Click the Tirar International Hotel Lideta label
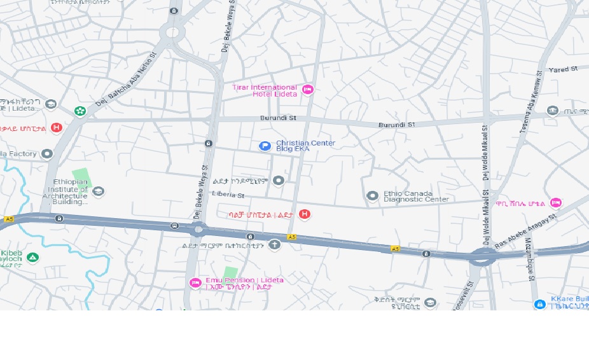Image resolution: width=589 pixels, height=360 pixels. [265, 90]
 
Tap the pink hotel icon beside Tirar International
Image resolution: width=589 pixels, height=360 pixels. [308, 90]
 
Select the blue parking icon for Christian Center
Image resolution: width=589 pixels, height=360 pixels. [265, 146]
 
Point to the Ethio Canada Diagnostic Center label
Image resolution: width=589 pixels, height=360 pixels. [416, 196]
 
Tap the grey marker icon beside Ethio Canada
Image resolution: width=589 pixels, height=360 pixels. [373, 195]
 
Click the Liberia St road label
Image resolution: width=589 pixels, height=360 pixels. [228, 195]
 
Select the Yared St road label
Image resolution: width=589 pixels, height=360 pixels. [562, 69]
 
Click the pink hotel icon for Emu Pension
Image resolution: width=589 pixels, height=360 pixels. [195, 283]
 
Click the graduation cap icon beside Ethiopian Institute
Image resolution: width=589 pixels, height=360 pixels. [98, 191]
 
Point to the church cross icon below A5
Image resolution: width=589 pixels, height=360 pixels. [274, 245]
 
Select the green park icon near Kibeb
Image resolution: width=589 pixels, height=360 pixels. [32, 258]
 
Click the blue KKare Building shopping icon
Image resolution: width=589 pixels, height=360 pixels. [539, 305]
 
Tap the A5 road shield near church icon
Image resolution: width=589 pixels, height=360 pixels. [291, 237]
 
